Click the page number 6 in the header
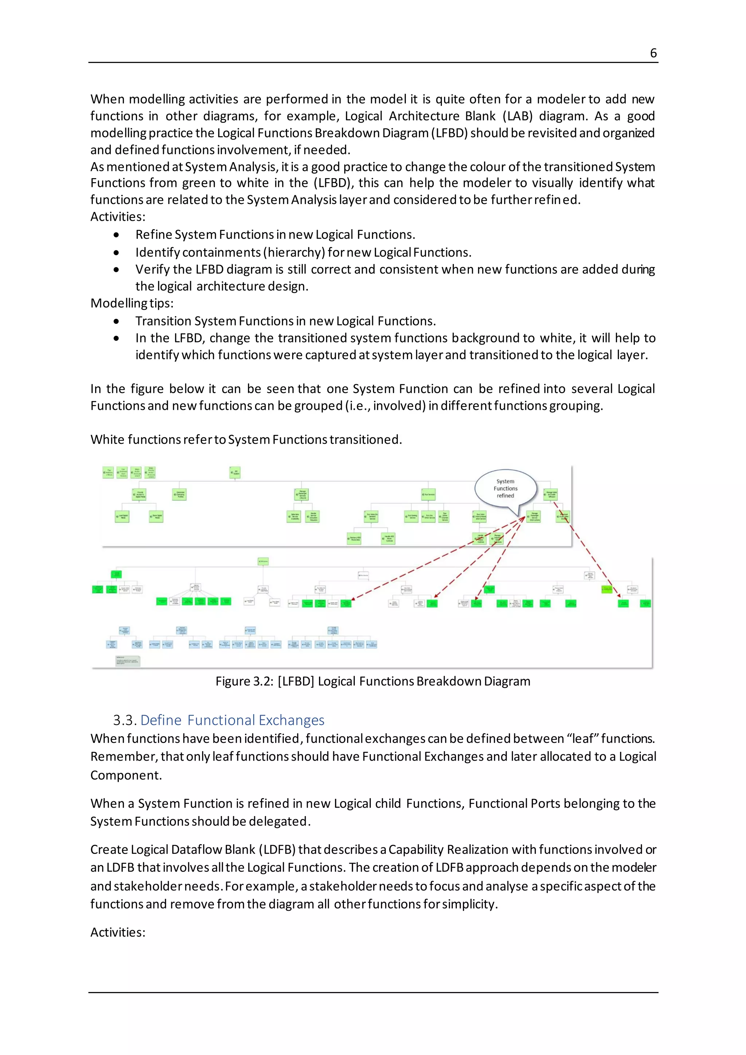coord(653,53)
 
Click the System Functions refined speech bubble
coord(505,489)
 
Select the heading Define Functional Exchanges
coord(232,719)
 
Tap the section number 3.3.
coord(125,719)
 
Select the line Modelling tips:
coord(132,303)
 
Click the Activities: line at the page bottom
coord(118,932)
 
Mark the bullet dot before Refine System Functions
coord(116,235)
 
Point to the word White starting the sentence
coord(107,439)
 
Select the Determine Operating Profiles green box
coord(179,494)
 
